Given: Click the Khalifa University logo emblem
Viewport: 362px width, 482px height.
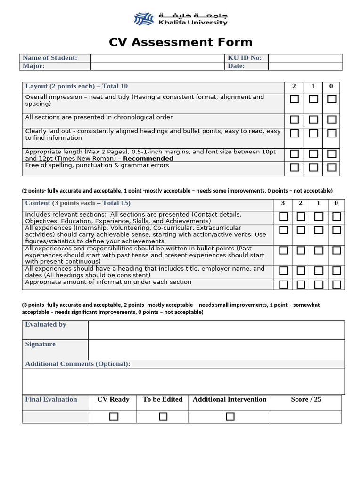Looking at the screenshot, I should [x=144, y=19].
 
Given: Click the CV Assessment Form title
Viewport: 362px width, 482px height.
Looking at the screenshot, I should [x=181, y=42].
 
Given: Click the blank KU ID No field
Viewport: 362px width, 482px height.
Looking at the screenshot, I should [x=305, y=58].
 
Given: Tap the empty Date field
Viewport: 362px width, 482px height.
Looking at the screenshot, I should [x=305, y=66].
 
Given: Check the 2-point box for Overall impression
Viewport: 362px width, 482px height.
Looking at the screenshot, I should [x=295, y=99].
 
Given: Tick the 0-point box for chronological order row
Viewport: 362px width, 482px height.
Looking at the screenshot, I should [x=331, y=120].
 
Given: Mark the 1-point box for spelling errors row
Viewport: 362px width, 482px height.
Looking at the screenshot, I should [x=313, y=168].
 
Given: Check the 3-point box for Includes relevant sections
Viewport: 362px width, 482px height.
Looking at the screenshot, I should [x=283, y=217].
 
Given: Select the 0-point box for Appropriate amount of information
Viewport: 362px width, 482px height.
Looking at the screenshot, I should [x=337, y=284].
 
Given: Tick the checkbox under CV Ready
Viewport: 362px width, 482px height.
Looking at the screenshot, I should [x=114, y=417].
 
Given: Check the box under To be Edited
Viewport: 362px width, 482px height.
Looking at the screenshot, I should [x=163, y=417].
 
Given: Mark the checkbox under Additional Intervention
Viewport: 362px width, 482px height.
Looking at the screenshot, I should [x=230, y=417].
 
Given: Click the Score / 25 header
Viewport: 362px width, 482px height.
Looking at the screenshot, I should [x=306, y=399].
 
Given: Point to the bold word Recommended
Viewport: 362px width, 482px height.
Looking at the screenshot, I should [x=148, y=159].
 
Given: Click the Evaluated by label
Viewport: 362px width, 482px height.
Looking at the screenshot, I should [x=46, y=324].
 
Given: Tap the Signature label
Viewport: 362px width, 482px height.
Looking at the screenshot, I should [x=41, y=344].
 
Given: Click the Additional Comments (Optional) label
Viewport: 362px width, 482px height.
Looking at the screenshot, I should [x=78, y=364].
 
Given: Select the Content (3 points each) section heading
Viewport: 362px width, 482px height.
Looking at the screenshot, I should [x=78, y=203].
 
